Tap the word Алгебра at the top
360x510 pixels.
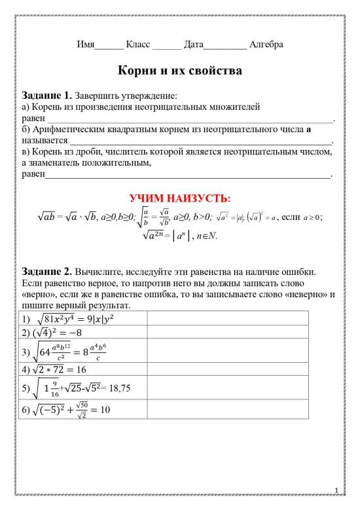[x=266, y=45]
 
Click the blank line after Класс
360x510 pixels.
[x=166, y=46]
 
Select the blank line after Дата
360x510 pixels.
[x=226, y=46]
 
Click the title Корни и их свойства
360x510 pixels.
[x=179, y=69]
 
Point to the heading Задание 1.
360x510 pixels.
[x=47, y=94]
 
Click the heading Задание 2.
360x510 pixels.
[x=47, y=270]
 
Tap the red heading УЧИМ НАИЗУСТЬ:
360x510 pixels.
[x=179, y=198]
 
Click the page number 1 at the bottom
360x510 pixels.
[x=336, y=490]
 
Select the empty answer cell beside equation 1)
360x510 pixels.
[x=227, y=319]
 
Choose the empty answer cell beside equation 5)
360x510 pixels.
[x=227, y=388]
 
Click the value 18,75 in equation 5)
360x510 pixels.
[x=120, y=388]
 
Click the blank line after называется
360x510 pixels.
[x=200, y=141]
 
